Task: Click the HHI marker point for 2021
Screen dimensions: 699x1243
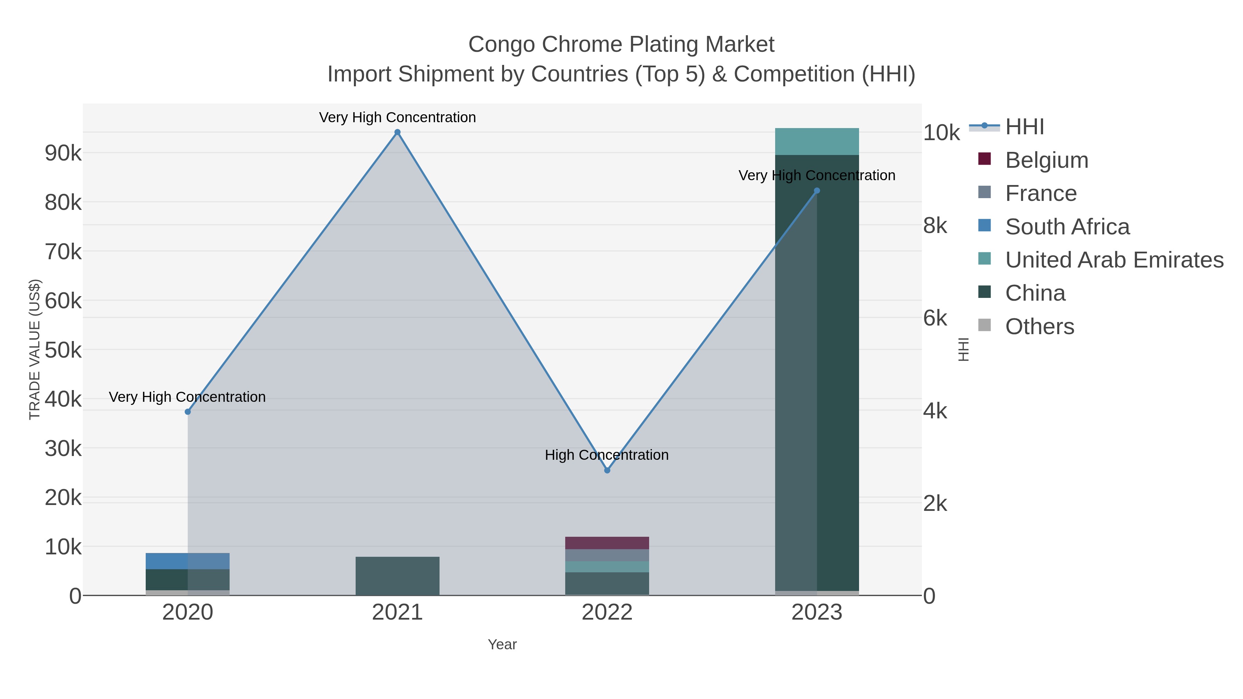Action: click(397, 132)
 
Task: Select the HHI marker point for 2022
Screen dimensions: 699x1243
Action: click(607, 470)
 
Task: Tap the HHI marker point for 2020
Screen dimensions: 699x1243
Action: click(188, 411)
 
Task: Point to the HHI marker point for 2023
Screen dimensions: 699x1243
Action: click(817, 191)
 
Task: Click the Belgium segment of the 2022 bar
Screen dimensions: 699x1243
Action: click(607, 543)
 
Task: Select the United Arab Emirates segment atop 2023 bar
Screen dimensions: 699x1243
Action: click(817, 141)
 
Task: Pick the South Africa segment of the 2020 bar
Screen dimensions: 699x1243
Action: click(188, 561)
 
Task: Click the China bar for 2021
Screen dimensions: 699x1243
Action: click(397, 576)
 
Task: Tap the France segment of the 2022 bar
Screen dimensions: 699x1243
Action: click(607, 555)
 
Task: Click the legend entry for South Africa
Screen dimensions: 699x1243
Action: click(1067, 227)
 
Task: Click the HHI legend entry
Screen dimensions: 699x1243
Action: click(1024, 127)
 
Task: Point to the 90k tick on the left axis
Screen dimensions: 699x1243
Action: click(63, 153)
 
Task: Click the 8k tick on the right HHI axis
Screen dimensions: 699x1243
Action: click(935, 226)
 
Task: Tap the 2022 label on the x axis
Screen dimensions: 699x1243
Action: click(607, 612)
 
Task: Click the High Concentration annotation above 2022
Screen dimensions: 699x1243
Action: click(607, 455)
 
